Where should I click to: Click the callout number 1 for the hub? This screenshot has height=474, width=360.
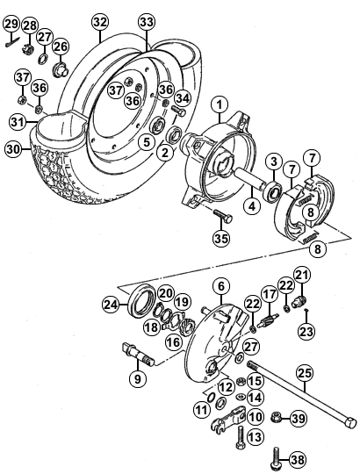tap(220, 105)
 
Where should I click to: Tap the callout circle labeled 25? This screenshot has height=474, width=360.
tap(305, 374)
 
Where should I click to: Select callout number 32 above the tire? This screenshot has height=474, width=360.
tap(100, 22)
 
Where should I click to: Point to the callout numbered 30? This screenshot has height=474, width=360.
tap(13, 149)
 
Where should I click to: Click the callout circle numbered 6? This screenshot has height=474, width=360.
tap(221, 286)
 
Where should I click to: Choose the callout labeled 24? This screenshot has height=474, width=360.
tap(111, 305)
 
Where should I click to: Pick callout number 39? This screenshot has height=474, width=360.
tap(299, 419)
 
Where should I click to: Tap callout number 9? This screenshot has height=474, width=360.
tap(138, 379)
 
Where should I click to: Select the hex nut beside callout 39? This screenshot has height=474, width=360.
tap(277, 418)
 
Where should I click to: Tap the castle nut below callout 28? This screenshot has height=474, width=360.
tap(28, 48)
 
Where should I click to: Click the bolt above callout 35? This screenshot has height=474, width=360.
tap(223, 215)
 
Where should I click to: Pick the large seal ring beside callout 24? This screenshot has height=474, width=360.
tap(142, 300)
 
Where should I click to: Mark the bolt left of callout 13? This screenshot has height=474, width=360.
tap(241, 436)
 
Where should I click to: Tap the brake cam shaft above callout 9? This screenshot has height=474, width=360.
tap(138, 353)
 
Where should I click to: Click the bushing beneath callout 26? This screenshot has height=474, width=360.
tap(61, 69)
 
